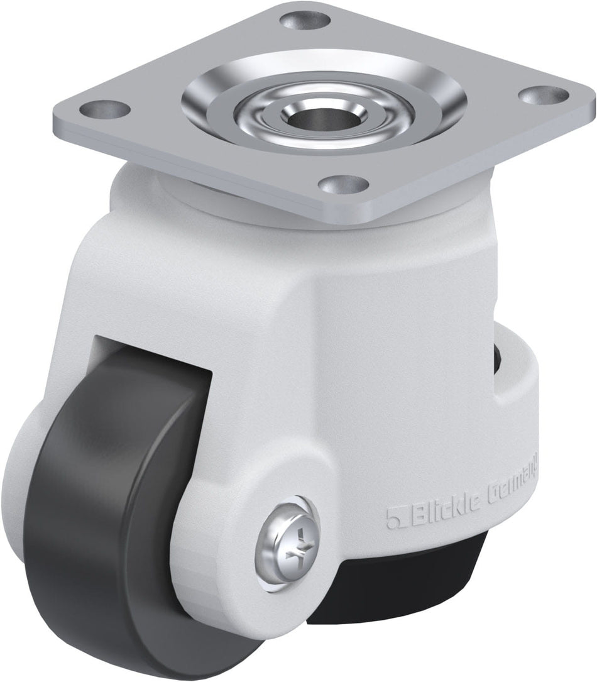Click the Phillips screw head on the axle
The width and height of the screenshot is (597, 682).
point(288,539)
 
